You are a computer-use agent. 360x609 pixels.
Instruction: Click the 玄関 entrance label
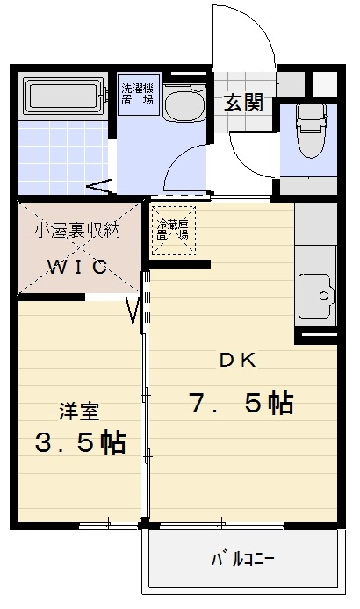point(243,102)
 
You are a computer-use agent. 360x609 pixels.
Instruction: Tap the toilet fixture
point(311,129)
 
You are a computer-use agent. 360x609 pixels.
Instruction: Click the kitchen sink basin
point(317,296)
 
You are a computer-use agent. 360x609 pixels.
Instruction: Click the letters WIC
point(77,266)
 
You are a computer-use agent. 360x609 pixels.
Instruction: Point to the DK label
point(236,359)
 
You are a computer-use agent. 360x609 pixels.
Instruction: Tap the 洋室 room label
point(79,410)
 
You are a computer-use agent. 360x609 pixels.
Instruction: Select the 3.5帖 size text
point(80,441)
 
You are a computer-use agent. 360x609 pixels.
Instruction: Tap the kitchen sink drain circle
point(323,296)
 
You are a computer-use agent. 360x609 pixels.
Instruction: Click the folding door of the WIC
point(136,310)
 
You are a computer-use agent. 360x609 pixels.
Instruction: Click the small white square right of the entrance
point(325,83)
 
